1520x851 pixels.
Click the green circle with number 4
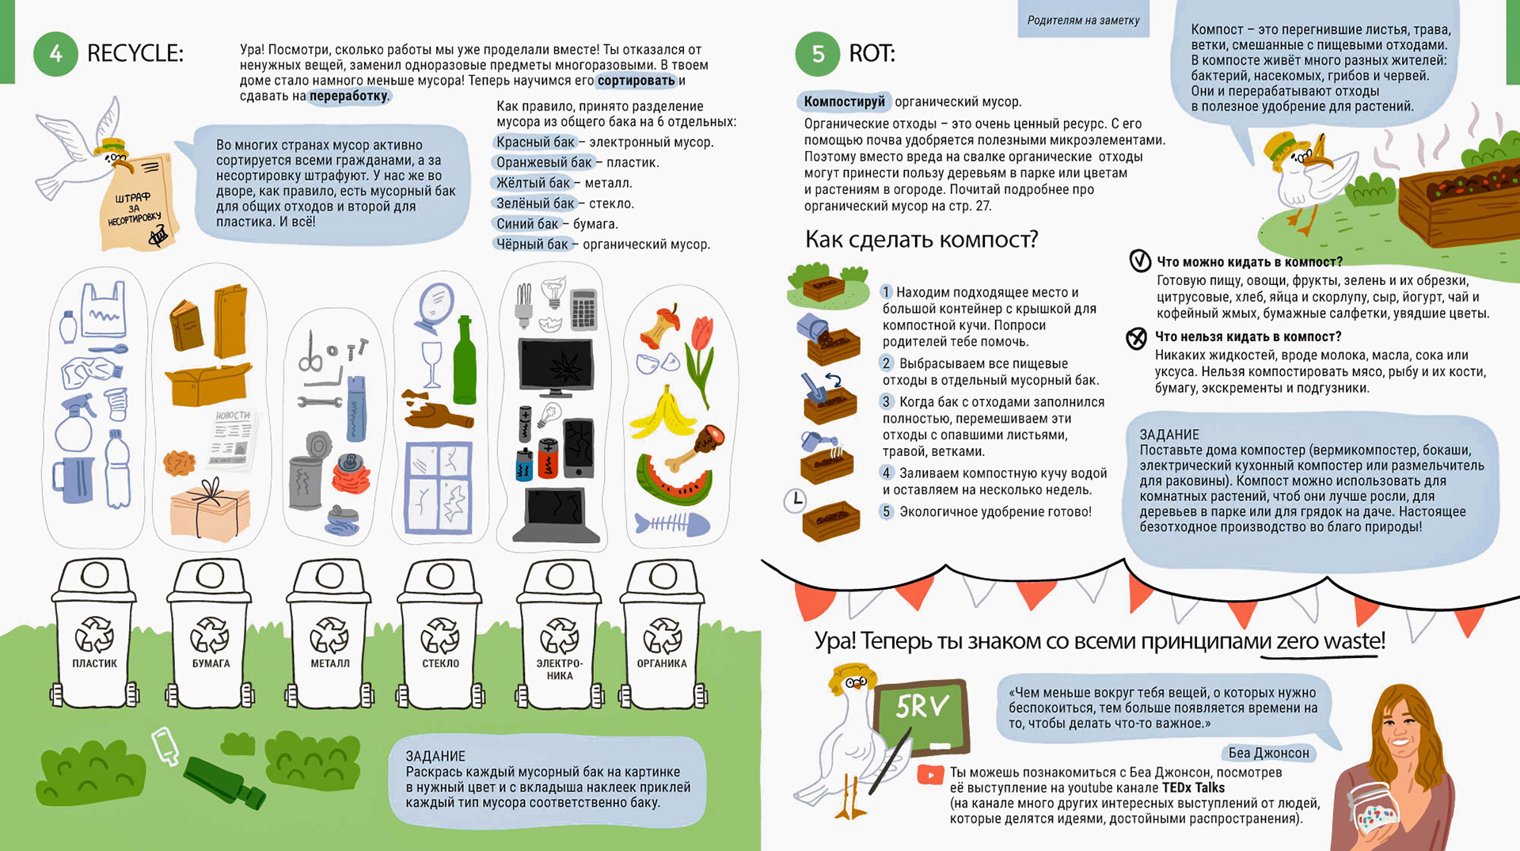[55, 54]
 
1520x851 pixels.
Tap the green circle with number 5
[818, 54]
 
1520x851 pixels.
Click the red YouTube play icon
[930, 773]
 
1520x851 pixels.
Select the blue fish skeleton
[671, 524]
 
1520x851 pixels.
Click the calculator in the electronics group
[583, 310]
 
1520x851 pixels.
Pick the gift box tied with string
[210, 509]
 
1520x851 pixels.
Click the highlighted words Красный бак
[534, 142]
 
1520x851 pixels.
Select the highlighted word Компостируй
[844, 101]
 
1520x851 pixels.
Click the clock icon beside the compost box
[795, 500]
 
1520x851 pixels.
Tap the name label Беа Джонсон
[1268, 753]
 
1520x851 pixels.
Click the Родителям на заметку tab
[1083, 20]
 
